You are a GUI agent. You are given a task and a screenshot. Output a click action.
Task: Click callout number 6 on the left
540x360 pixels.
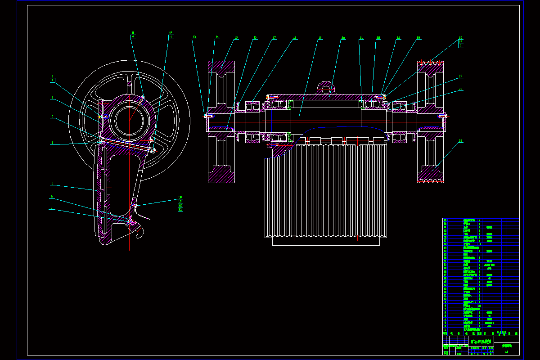(52, 97)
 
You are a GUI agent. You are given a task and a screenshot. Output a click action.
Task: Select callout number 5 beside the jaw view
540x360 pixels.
(52, 116)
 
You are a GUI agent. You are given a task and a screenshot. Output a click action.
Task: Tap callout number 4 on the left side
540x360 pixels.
(52, 143)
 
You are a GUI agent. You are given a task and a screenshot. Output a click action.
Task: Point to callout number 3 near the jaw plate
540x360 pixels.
(52, 183)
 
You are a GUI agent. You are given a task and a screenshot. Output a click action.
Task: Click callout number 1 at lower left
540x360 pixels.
(52, 208)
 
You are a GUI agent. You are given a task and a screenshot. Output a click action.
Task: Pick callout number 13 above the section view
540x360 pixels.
(194, 37)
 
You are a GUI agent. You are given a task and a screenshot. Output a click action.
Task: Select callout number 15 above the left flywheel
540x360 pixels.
(236, 37)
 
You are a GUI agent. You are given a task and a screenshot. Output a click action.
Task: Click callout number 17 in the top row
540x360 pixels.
(274, 37)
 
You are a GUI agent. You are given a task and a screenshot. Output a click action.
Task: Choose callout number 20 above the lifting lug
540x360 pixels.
(343, 37)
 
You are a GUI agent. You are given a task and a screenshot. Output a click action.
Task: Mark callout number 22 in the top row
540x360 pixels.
(378, 37)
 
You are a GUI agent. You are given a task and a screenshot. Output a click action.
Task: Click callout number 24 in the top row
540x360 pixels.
(418, 37)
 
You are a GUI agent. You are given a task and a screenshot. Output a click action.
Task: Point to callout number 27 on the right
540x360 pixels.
(460, 76)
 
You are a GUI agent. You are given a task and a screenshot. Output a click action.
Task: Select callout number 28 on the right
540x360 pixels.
(460, 89)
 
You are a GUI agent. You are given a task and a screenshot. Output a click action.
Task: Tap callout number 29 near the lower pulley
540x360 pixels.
(460, 141)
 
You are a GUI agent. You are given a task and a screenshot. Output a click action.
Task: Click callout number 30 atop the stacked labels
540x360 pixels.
(180, 197)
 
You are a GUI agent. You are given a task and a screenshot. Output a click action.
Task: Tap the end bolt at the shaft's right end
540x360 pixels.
(444, 116)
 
